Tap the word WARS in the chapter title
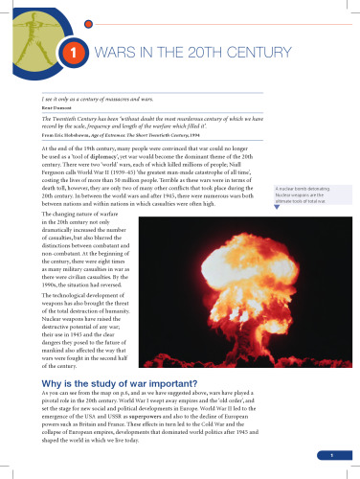[x=110, y=55]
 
